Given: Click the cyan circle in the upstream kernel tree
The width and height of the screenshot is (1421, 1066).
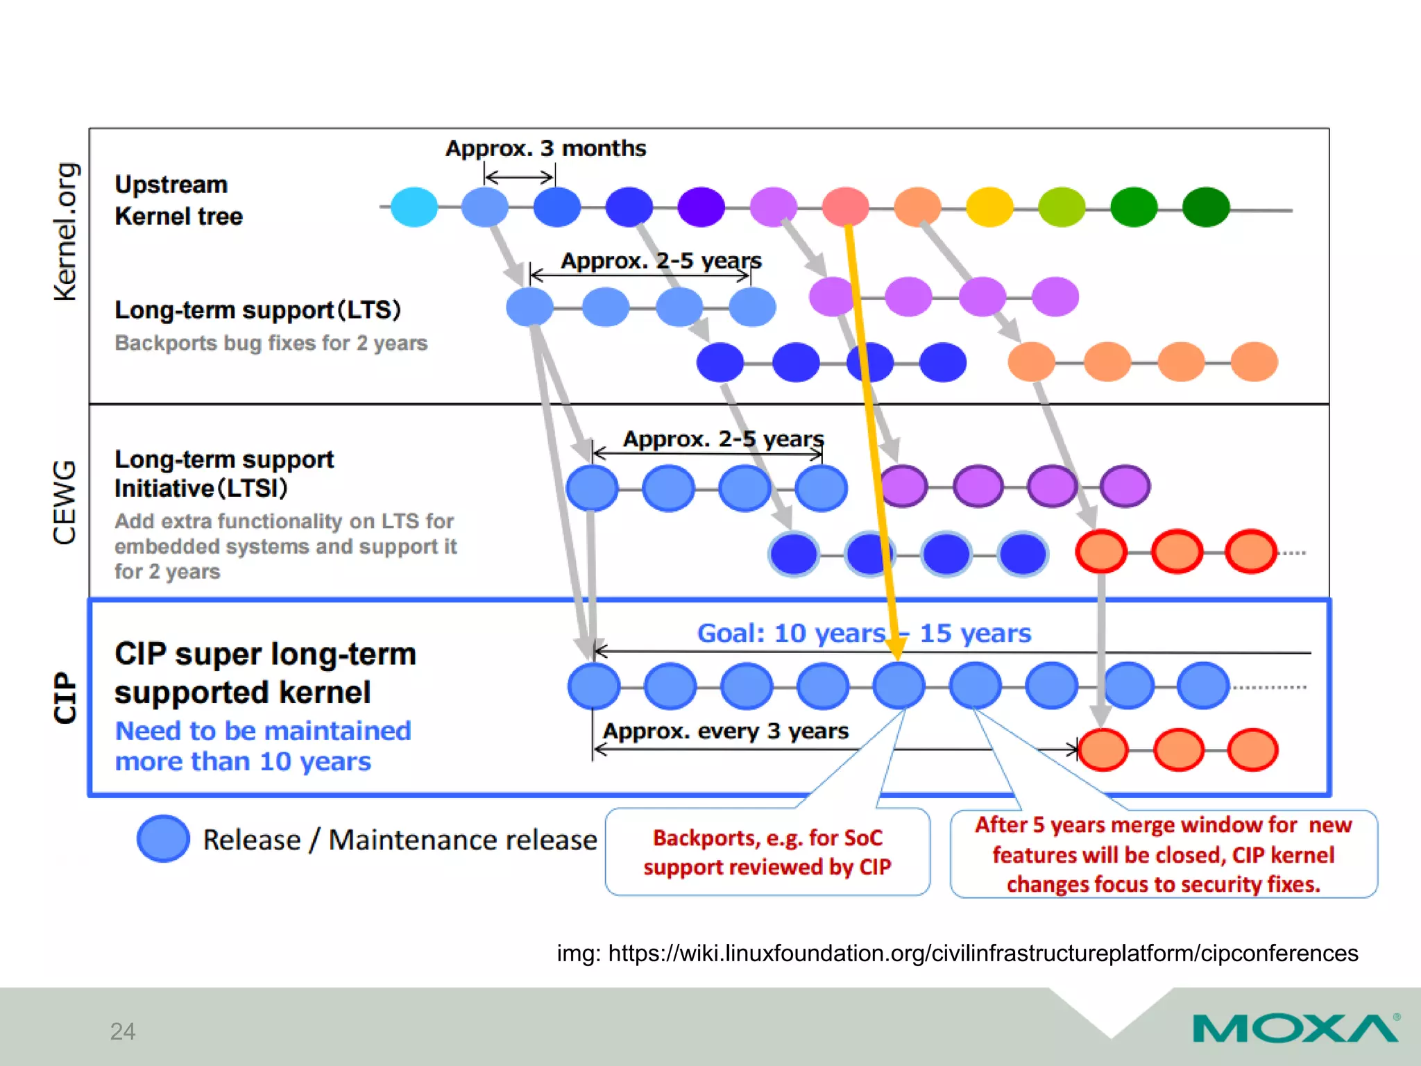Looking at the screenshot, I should (414, 207).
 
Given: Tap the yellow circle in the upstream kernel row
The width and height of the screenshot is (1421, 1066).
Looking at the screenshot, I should (989, 207).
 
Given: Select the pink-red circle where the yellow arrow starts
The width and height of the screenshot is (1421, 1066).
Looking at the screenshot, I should (845, 206).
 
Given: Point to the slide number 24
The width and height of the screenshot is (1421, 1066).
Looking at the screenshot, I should (123, 1031).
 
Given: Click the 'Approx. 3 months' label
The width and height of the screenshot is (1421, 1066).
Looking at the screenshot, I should (545, 149).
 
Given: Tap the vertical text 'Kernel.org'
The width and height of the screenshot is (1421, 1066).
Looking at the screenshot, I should (67, 232).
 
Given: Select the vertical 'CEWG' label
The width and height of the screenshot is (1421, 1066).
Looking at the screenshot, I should (65, 502).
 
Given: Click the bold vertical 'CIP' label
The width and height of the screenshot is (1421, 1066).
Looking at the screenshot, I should (66, 697).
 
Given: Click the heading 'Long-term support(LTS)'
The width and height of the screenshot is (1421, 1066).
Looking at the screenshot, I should (257, 310).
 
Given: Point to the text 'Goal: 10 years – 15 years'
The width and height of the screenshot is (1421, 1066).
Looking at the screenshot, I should (864, 633).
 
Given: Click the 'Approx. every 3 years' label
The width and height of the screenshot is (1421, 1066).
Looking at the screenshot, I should (726, 731).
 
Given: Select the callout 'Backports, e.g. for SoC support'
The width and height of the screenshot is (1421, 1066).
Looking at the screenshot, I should (767, 852).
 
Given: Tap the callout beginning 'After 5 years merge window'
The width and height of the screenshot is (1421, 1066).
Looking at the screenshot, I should (1163, 854).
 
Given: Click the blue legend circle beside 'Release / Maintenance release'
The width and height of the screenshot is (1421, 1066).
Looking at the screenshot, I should (163, 839).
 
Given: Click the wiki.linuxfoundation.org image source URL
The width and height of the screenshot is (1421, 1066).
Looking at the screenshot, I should (958, 953).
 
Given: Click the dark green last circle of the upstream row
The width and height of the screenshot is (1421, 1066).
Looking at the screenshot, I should (1206, 207).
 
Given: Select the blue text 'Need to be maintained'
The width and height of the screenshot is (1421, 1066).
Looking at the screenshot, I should (263, 731).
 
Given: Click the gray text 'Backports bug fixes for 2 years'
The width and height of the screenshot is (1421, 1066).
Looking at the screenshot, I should (271, 343).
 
